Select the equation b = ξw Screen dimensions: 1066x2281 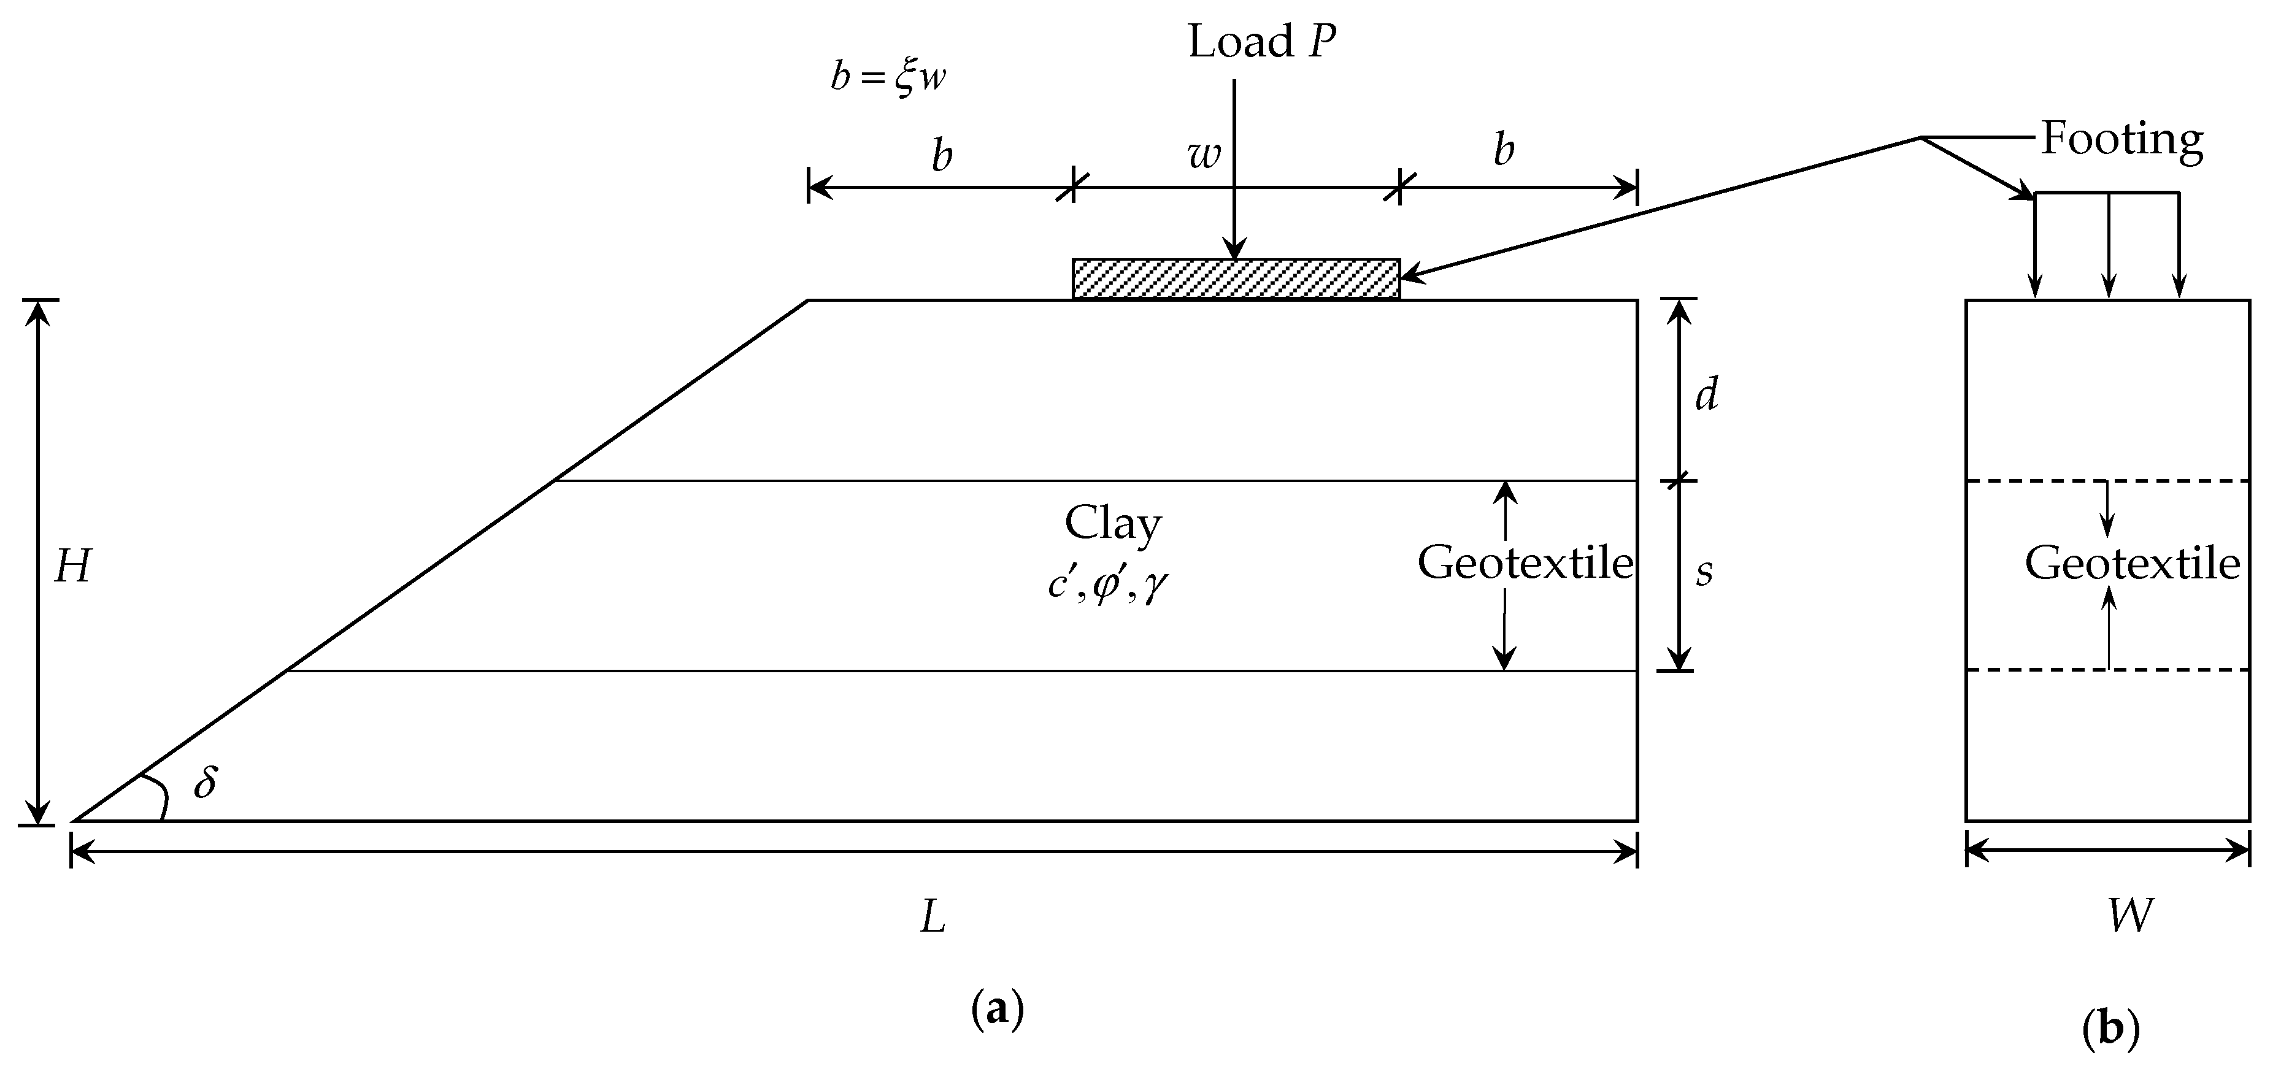888,78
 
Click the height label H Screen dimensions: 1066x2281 72,567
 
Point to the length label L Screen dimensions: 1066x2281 933,918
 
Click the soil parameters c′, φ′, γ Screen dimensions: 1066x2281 1106,585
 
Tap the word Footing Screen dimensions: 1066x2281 2121,139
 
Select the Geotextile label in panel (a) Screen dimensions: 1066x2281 1525,563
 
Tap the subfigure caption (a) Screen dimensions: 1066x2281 997,1010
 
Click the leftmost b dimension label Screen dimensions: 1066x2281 942,156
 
